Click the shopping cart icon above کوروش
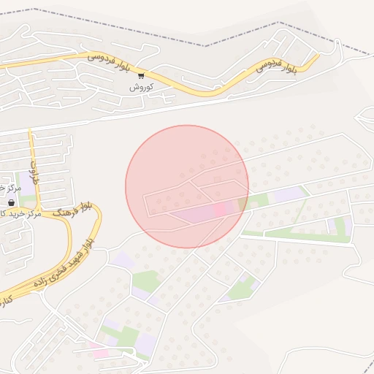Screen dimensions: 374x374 point(141,75)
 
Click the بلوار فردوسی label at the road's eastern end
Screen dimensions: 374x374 point(277,66)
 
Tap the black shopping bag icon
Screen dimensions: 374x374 point(9,203)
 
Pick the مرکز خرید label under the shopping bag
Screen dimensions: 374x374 point(13,213)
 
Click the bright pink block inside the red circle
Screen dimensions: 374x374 point(219,210)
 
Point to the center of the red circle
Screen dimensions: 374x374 point(187,186)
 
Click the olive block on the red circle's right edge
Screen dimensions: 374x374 point(243,202)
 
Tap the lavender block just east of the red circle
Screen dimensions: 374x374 point(289,194)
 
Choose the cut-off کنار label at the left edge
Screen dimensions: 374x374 point(4,300)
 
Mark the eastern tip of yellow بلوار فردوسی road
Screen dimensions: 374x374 point(317,54)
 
